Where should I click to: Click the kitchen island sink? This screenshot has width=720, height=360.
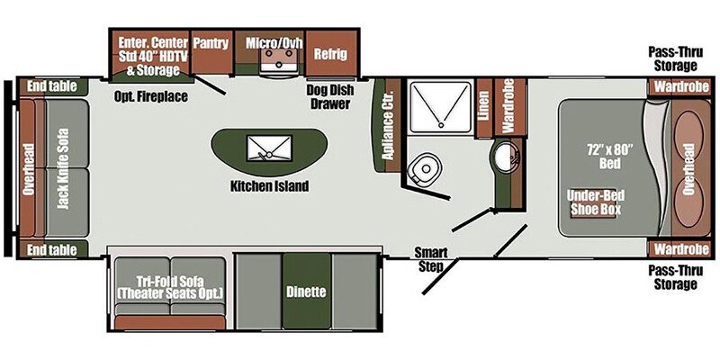(269, 148)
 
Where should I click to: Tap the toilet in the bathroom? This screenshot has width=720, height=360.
(422, 169)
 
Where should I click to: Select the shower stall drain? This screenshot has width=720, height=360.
(441, 124)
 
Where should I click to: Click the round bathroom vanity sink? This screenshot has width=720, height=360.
(506, 155)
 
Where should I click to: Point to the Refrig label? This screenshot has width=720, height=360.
(330, 54)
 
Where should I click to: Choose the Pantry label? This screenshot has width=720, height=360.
(211, 42)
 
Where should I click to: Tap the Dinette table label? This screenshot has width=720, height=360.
(306, 291)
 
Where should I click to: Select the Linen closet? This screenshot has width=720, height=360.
(483, 108)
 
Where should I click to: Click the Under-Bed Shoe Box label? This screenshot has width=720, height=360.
(595, 202)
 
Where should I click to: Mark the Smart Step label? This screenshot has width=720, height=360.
(431, 259)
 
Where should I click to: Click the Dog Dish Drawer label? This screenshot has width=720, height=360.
(330, 97)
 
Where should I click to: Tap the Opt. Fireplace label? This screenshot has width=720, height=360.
(151, 96)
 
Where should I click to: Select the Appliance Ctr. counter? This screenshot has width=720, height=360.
(387, 125)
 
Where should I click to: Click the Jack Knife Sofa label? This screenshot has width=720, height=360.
(63, 168)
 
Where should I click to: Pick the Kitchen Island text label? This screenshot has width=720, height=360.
(269, 186)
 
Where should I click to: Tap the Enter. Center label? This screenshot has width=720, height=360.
(153, 42)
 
